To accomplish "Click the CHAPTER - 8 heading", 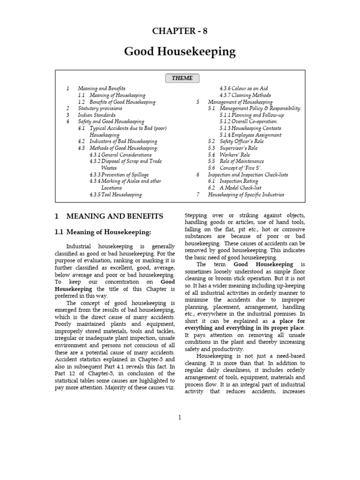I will (x=180, y=31).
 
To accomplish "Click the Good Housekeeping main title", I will (x=180, y=52).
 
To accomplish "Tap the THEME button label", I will (x=182, y=78).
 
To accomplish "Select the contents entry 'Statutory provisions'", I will (x=100, y=108).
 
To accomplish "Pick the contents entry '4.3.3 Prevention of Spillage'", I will (x=119, y=174).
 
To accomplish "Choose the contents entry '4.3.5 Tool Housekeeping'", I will (x=115, y=194).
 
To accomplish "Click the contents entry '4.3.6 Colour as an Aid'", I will (x=244, y=89).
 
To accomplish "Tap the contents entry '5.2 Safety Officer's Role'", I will (x=236, y=141).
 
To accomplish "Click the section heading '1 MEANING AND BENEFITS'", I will (x=109, y=216).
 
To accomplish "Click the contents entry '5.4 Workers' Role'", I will (x=229, y=155).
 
